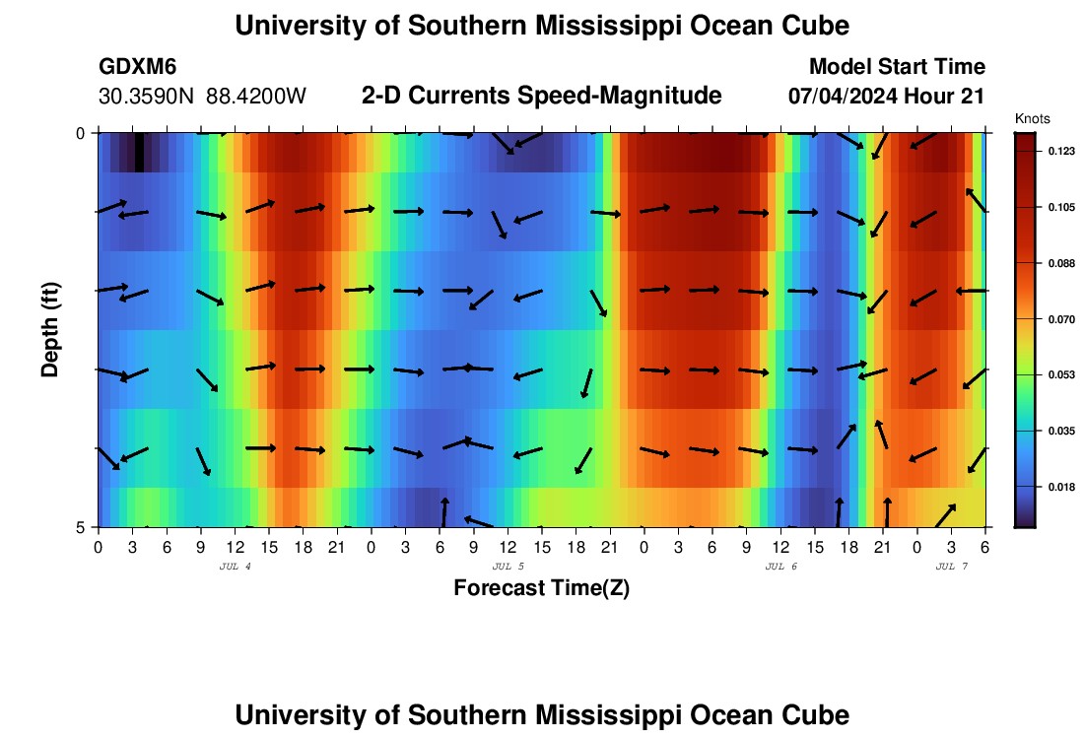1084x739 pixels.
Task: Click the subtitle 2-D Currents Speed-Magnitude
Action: point(542,96)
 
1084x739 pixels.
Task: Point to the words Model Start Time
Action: point(897,67)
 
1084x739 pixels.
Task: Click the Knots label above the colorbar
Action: point(1033,119)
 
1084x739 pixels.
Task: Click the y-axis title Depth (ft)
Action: point(50,329)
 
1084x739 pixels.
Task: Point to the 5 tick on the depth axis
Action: point(81,527)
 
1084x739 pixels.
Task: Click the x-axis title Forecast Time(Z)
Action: point(541,588)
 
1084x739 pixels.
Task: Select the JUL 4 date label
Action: point(235,567)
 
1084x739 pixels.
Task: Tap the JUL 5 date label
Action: point(508,567)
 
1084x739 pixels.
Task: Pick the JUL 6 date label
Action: point(781,567)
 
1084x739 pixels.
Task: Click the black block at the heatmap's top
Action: point(139,153)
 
